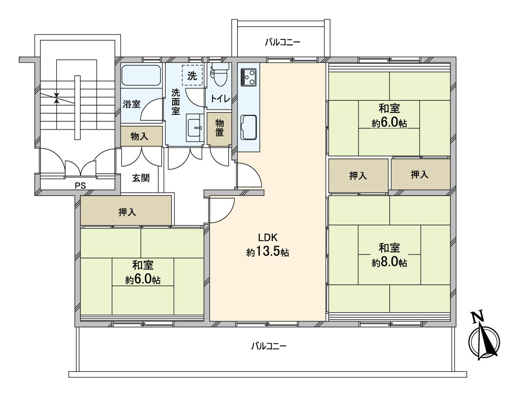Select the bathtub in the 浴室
140,76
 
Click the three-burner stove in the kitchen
248,77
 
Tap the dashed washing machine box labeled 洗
192,75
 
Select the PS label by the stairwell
79,185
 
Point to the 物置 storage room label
220,128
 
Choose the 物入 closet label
140,137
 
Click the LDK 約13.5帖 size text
268,252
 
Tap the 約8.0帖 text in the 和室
389,262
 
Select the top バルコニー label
283,42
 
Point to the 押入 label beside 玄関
127,212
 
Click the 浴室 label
131,104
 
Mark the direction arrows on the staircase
57,98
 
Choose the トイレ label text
220,99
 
